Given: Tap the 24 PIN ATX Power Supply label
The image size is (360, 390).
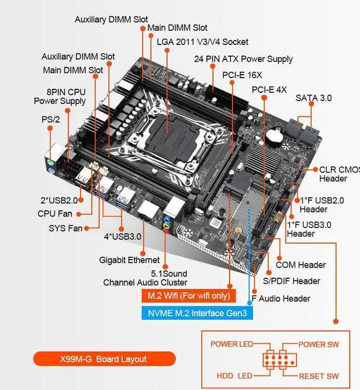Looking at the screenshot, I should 243,59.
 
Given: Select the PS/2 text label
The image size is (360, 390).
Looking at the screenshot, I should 50,119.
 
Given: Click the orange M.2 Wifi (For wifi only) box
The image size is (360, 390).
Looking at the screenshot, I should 188,296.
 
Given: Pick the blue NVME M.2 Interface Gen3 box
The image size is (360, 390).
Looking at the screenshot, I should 196,312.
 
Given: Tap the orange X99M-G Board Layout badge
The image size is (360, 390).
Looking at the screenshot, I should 104,359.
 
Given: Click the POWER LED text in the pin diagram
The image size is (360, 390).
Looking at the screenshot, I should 231,344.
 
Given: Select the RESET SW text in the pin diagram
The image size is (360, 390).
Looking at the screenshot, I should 318,376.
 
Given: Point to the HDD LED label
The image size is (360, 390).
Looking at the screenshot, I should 235,376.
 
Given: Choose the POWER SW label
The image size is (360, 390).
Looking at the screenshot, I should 319,344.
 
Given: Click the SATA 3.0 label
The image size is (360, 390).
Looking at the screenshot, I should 313,98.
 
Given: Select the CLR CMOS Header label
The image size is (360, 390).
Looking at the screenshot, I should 339,174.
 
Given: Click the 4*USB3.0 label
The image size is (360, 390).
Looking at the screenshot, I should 122,236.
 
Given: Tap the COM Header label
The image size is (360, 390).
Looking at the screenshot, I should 300,265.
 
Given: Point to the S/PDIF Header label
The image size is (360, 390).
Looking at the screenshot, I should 291,281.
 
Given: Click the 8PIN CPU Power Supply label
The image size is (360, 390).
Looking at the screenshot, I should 60,96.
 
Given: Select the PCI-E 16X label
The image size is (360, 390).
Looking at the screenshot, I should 242,75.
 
